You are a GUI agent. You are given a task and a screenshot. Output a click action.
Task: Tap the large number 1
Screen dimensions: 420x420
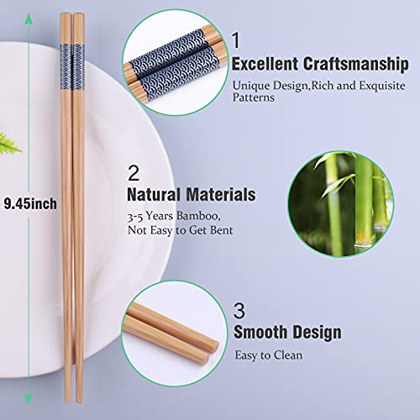(237, 39)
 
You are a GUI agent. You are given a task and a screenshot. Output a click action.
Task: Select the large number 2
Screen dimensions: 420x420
(134, 173)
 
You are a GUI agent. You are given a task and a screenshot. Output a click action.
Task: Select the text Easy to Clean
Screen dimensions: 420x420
(268, 355)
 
